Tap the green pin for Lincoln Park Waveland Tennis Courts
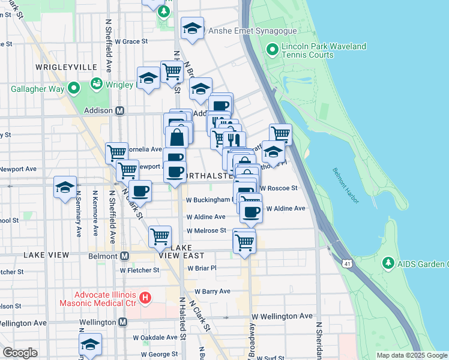[273, 50]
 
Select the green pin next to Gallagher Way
[74, 89]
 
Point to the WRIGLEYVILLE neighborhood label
[62, 67]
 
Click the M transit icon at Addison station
[120, 111]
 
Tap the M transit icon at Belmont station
[125, 256]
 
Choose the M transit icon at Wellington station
[122, 322]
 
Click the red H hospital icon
[144, 298]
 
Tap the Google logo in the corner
[20, 353]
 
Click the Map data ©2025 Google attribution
[412, 355]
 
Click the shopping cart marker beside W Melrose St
[244, 242]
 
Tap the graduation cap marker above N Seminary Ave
[65, 187]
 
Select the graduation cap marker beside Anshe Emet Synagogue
[192, 28]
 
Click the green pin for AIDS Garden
[388, 263]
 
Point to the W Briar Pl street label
[201, 268]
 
